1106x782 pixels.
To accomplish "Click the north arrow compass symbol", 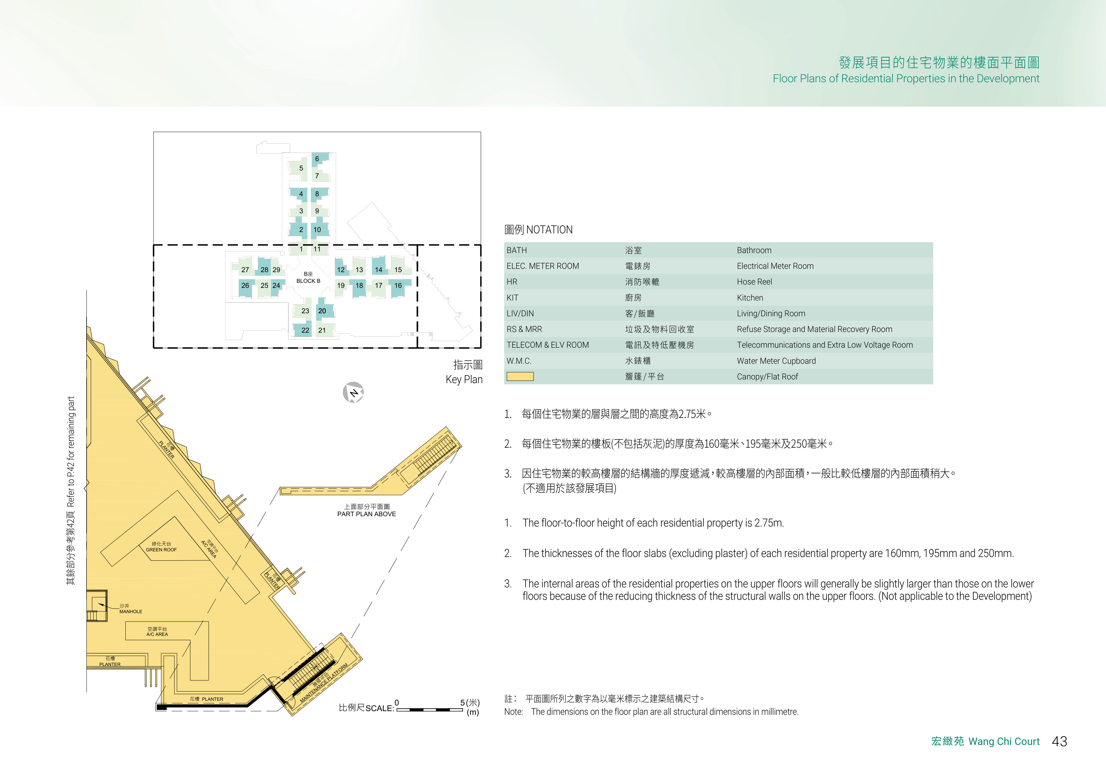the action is coord(353,392).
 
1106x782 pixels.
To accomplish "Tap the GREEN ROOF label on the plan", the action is coord(161,550).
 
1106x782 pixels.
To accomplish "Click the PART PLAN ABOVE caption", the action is coord(366,514).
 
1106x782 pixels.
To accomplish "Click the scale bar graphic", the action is coord(429,709).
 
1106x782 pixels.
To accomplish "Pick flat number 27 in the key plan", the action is coord(245,270).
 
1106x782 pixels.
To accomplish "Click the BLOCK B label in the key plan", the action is coord(308,281).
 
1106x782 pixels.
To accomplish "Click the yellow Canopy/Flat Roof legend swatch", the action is coord(520,376).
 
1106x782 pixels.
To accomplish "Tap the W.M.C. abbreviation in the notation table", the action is coord(519,361).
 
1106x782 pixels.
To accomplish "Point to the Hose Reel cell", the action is coord(754,282).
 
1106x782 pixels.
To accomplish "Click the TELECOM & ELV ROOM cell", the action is coord(548,345).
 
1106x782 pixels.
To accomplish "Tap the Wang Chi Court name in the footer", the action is coord(1004,741).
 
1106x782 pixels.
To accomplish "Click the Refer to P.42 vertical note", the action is coord(71,452).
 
